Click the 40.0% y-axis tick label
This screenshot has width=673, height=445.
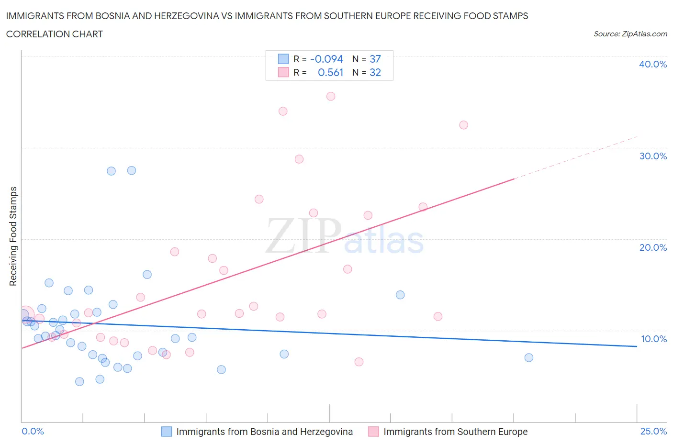pyautogui.click(x=653, y=64)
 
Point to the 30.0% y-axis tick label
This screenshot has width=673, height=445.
pyautogui.click(x=653, y=156)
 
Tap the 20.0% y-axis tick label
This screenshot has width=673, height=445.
pyautogui.click(x=653, y=247)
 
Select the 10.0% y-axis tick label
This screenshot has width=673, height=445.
pyautogui.click(x=653, y=339)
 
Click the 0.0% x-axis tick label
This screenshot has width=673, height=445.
pyautogui.click(x=33, y=431)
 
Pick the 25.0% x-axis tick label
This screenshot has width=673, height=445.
pyautogui.click(x=653, y=431)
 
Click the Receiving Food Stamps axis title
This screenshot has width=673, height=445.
pyautogui.click(x=13, y=236)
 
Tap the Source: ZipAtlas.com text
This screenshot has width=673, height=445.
pyautogui.click(x=630, y=34)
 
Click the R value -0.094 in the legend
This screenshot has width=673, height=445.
pyautogui.click(x=326, y=59)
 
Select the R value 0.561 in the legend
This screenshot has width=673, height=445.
pyautogui.click(x=330, y=72)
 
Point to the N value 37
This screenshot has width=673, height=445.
pyautogui.click(x=375, y=59)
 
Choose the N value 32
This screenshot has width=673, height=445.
pyautogui.click(x=375, y=72)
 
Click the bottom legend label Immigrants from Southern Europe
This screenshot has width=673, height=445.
pyautogui.click(x=455, y=432)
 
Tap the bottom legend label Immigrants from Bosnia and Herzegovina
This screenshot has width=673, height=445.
pyautogui.click(x=264, y=432)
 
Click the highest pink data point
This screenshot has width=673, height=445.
pyautogui.click(x=331, y=96)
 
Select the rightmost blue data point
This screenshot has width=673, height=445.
pyautogui.click(x=529, y=357)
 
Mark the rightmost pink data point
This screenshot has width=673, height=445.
pyautogui.click(x=463, y=125)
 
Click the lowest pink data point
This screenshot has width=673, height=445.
pyautogui.click(x=359, y=362)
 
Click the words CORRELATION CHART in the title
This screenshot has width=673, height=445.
pyautogui.click(x=55, y=34)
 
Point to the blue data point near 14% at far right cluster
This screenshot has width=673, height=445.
pyautogui.click(x=400, y=295)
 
